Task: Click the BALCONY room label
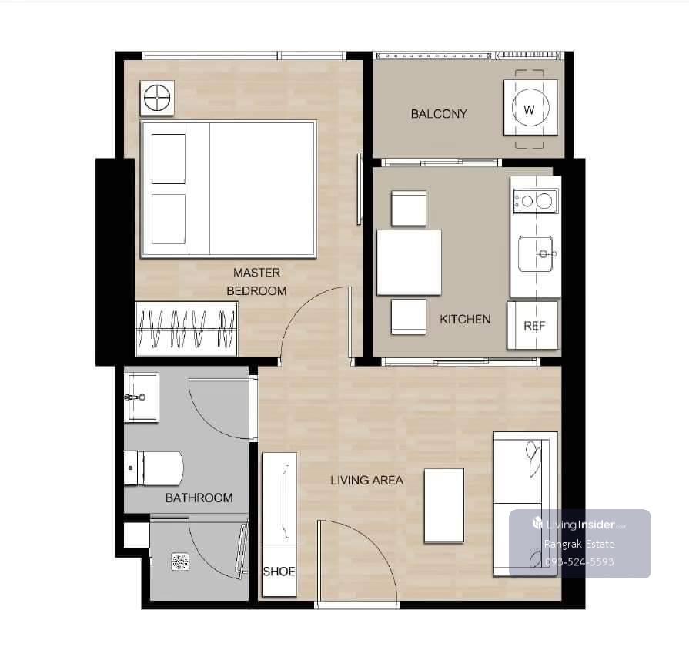click(x=439, y=114)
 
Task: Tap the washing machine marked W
click(x=530, y=107)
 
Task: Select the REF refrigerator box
click(x=533, y=326)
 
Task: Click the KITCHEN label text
click(x=465, y=319)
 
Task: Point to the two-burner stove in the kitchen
click(x=536, y=201)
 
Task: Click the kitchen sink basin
click(x=536, y=253)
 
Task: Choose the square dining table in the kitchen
click(x=409, y=263)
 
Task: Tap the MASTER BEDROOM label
click(x=256, y=282)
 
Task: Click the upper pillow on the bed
click(x=169, y=159)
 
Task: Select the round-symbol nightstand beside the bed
click(x=157, y=98)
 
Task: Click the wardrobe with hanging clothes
click(x=187, y=329)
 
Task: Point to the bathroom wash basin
click(x=141, y=397)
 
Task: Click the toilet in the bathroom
click(x=153, y=468)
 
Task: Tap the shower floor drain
click(x=180, y=562)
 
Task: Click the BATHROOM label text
click(x=199, y=498)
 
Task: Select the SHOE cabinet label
click(x=279, y=572)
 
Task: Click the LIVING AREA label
click(x=367, y=480)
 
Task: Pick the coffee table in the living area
click(x=443, y=506)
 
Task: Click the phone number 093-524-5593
click(x=579, y=561)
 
